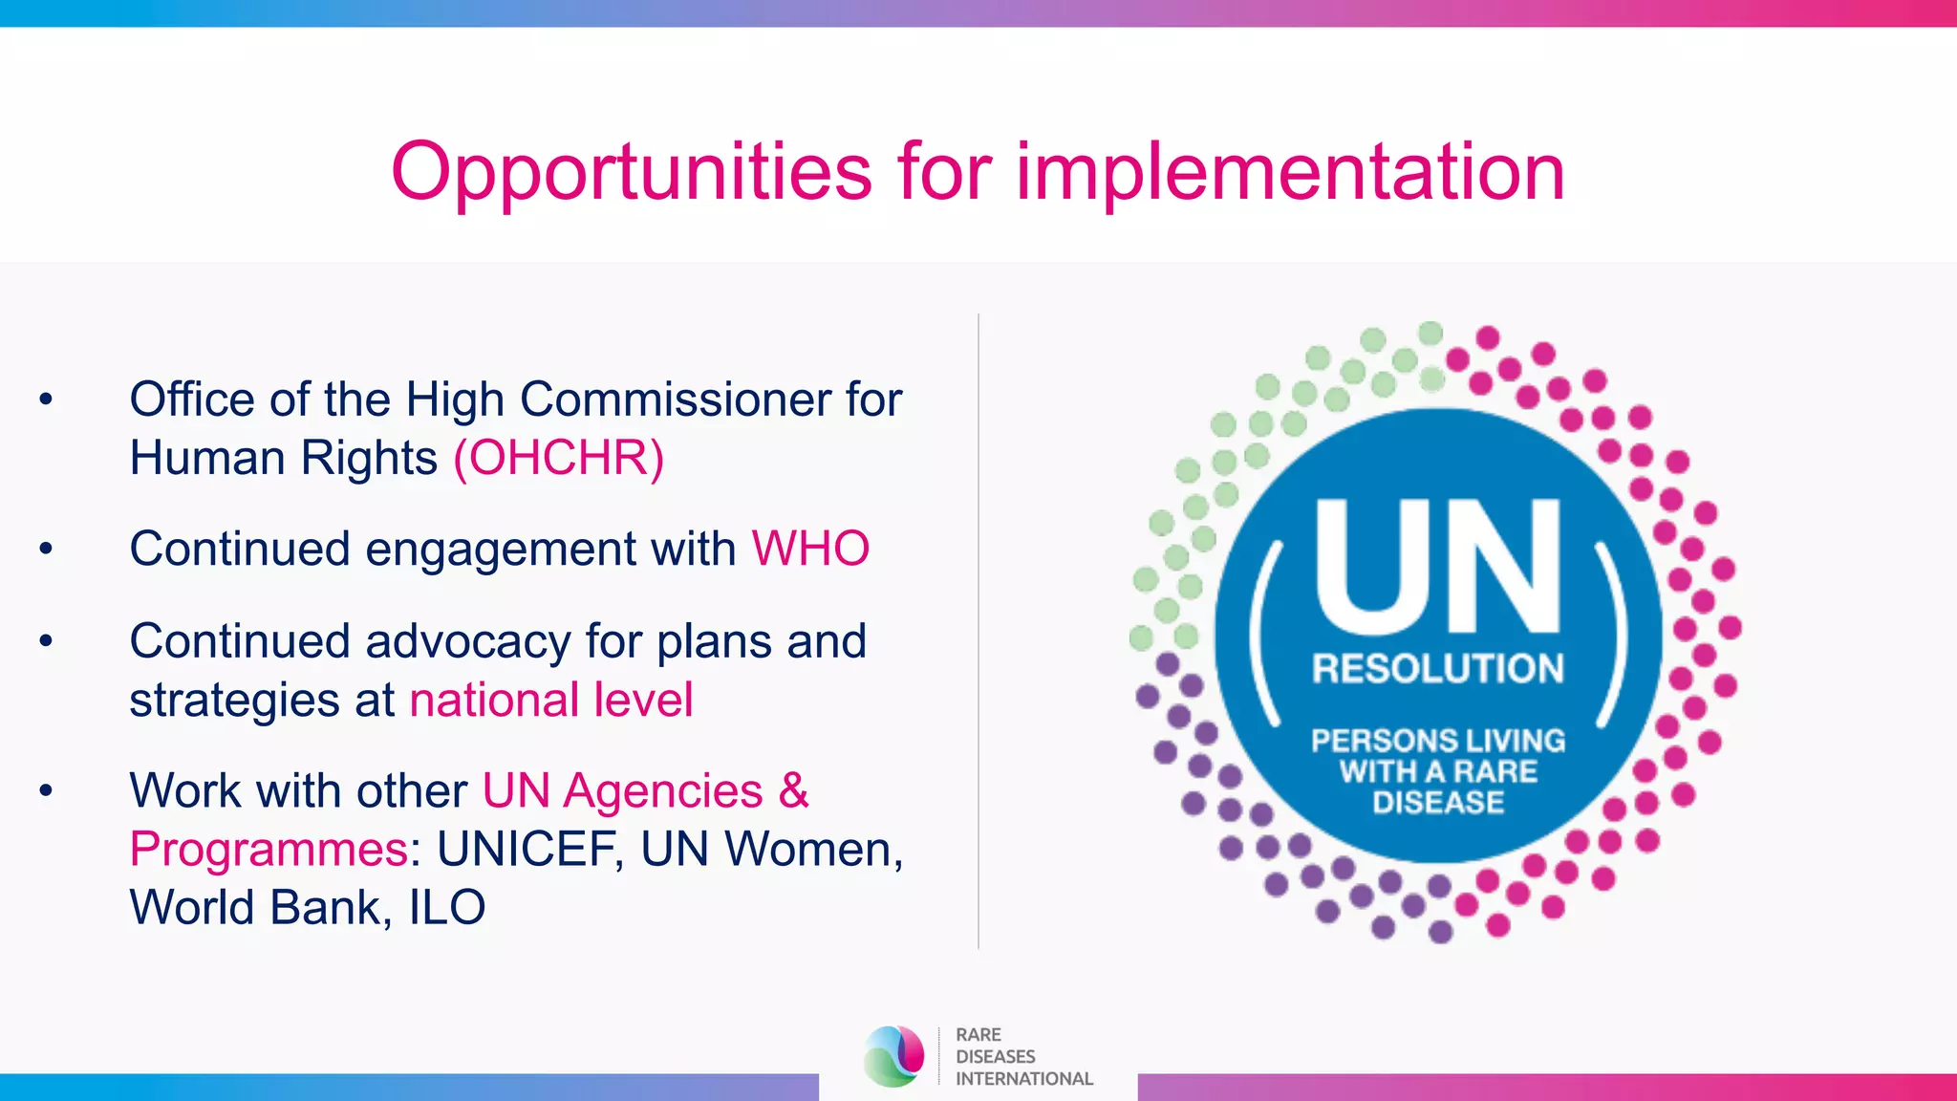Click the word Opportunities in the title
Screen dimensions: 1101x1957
[631, 173]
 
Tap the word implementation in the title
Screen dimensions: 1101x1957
[1289, 173]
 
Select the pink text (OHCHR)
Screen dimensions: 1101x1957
[558, 458]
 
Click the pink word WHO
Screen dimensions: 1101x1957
[810, 550]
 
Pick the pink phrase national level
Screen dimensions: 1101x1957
[550, 700]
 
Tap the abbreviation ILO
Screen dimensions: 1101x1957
[447, 907]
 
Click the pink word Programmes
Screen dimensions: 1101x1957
[269, 849]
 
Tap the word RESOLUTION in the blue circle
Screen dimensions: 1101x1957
[1437, 669]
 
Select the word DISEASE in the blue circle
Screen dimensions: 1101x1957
[1438, 803]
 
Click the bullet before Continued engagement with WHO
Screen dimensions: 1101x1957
[46, 550]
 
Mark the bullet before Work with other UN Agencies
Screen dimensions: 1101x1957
[46, 791]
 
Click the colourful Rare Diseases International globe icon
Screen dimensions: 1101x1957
[893, 1056]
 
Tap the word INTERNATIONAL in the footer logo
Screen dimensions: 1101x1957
[1023, 1079]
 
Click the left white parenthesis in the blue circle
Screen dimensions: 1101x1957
[1266, 633]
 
